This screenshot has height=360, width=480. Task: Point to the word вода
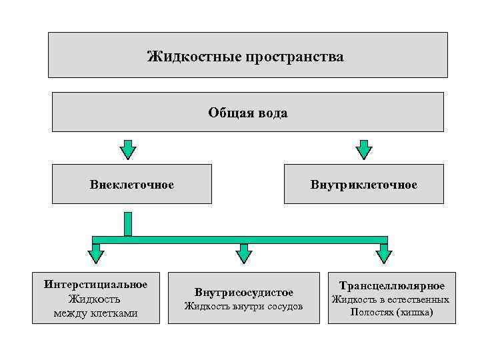273,113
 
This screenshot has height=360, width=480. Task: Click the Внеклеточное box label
132,184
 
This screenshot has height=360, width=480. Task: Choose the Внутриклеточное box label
363,184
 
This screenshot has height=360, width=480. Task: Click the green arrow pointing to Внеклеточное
128,149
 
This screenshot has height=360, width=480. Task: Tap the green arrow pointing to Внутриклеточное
363,149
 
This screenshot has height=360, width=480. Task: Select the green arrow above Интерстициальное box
97,255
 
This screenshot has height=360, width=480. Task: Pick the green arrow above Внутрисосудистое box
244,255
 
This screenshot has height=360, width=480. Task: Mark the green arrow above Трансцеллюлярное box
384,255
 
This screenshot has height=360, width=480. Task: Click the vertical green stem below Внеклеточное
128,224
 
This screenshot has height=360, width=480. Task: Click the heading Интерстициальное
96,285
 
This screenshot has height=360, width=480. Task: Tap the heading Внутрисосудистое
244,293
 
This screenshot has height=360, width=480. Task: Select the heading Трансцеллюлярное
392,286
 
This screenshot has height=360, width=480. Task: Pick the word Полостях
369,312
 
